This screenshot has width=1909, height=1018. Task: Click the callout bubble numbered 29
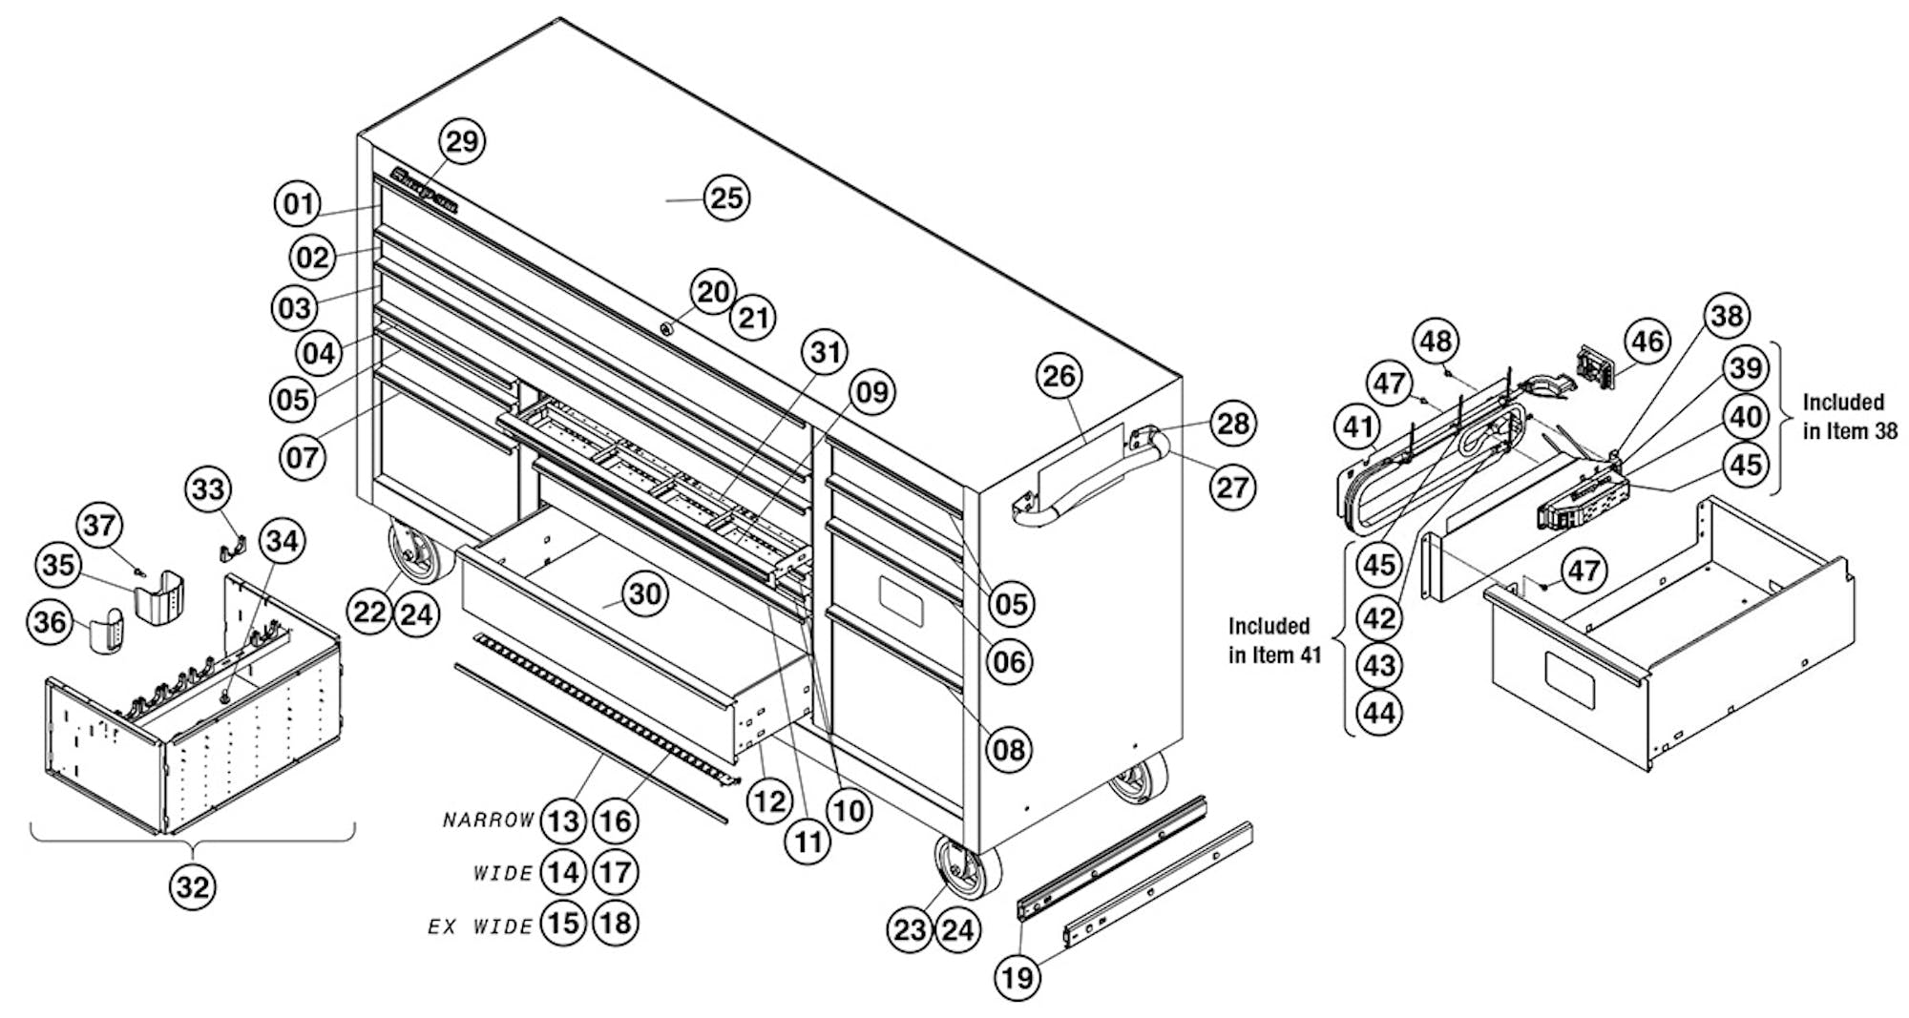(x=461, y=141)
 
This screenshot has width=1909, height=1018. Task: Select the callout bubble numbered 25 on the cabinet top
(x=726, y=198)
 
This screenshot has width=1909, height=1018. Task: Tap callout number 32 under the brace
(x=193, y=888)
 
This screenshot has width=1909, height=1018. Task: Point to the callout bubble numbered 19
(x=1017, y=978)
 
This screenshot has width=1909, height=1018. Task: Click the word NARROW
(x=489, y=821)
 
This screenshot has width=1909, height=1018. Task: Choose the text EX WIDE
(x=479, y=925)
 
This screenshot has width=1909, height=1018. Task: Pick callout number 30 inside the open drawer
(x=644, y=594)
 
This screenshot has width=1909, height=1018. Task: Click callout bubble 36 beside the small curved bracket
(x=51, y=622)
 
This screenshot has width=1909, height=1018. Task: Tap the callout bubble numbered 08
(x=1009, y=750)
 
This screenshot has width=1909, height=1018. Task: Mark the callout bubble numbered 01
(x=298, y=203)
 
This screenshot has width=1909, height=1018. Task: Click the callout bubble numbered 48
(x=1436, y=341)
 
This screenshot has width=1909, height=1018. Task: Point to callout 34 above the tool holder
(x=281, y=541)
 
